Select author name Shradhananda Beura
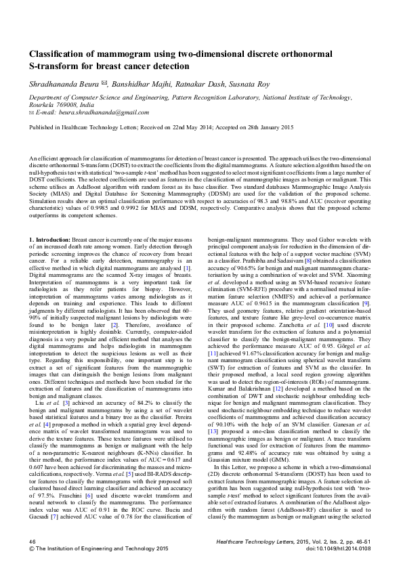62,85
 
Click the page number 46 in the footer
32,542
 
